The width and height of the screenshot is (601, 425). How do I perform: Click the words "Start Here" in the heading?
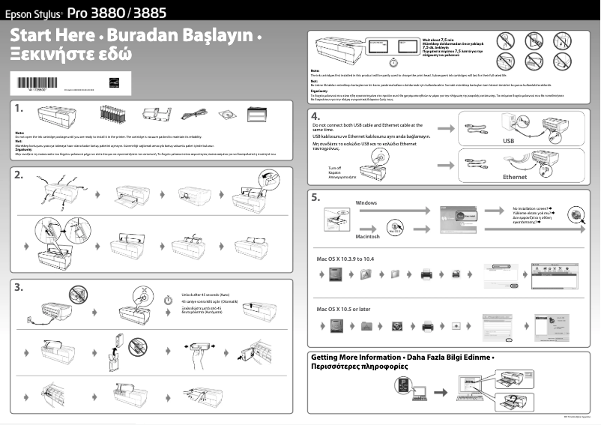[x=52, y=35]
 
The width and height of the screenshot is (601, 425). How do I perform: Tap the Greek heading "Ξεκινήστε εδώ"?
[x=70, y=54]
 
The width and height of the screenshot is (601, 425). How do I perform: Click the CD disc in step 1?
[x=226, y=115]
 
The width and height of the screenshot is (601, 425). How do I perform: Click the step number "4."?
[x=316, y=117]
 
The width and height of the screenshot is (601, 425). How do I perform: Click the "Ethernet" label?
[x=514, y=177]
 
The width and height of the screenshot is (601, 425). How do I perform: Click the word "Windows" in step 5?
[x=366, y=203]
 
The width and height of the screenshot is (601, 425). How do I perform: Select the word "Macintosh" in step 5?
[x=369, y=236]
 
